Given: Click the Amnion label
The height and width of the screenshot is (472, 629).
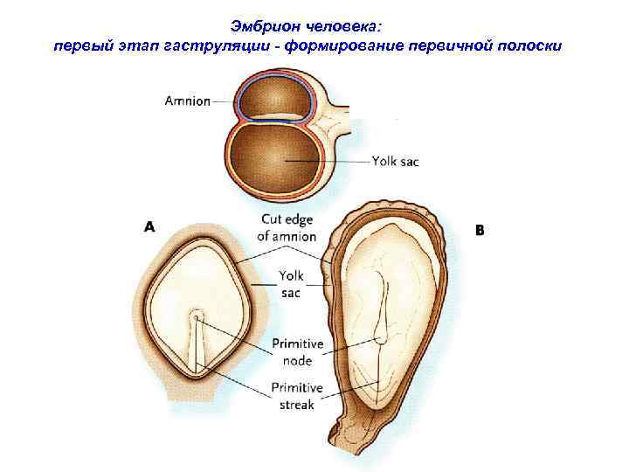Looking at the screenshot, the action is click(x=187, y=101).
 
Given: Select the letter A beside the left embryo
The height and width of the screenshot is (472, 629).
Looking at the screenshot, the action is click(x=149, y=226).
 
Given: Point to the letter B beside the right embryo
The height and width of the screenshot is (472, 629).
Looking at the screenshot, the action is click(x=479, y=231).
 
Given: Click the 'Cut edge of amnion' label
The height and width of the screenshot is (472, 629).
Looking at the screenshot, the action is click(x=287, y=227).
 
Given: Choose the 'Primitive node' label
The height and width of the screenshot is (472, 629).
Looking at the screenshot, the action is click(x=297, y=351).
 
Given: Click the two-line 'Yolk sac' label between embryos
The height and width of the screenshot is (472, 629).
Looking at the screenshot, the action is click(x=291, y=284).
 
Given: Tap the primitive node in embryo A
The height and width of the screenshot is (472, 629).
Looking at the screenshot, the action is click(x=197, y=316).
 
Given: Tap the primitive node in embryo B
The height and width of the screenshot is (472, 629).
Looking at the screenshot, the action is click(x=380, y=340).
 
